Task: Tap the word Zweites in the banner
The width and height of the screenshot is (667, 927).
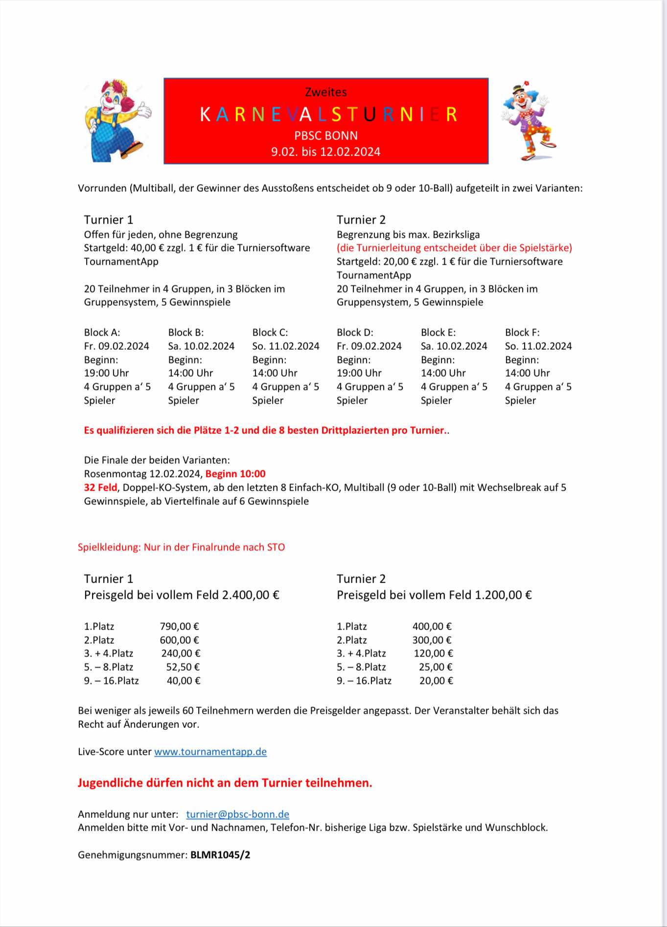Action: [x=326, y=92]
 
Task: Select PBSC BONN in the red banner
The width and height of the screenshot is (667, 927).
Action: [x=326, y=136]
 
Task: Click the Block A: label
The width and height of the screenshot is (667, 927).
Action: [x=102, y=333]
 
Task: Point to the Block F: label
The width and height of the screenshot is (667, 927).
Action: [x=522, y=333]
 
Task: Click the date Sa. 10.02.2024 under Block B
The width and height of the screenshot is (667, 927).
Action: [x=201, y=346]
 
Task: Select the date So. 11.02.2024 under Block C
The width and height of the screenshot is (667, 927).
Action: [x=286, y=346]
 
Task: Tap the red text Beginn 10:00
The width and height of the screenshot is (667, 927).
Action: [x=235, y=474]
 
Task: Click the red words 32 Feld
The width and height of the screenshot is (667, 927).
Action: [x=100, y=488]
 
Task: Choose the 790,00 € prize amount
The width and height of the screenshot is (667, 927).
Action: [x=179, y=627]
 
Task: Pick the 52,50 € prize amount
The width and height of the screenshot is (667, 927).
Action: [x=183, y=667]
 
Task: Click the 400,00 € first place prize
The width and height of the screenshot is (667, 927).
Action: [x=432, y=627]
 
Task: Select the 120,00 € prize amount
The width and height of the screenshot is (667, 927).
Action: [x=433, y=654]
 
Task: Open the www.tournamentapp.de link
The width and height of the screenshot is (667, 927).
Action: [x=210, y=752]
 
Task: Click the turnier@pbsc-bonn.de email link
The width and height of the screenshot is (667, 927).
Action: [x=238, y=814]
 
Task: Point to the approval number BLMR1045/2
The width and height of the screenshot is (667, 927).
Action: [x=220, y=855]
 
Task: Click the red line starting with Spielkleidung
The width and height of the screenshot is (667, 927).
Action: [x=181, y=547]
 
